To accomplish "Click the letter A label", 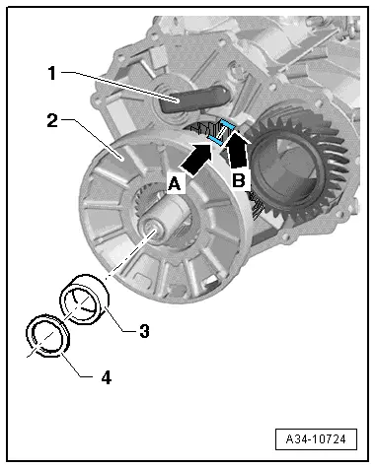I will [x=174, y=183].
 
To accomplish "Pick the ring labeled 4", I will [x=44, y=338].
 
